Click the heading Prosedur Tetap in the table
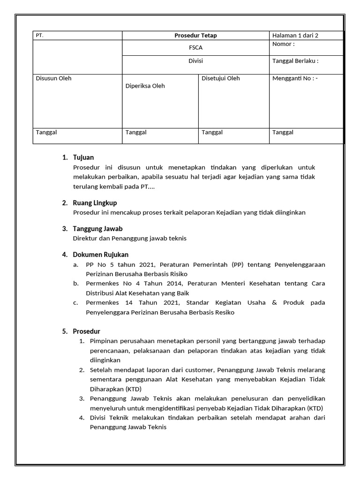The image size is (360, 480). [x=195, y=36]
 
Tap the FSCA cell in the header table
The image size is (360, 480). [x=195, y=48]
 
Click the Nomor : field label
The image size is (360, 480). [x=284, y=45]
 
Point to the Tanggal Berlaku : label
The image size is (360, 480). [x=295, y=61]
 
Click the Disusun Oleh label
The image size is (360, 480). [x=53, y=79]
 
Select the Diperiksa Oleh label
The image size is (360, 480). [x=145, y=86]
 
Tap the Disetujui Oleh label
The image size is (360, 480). [x=220, y=79]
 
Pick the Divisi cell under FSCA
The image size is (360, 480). [x=195, y=61]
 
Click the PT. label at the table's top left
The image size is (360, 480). [x=40, y=36]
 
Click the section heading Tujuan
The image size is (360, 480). [x=83, y=157]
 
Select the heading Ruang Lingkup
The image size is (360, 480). [x=95, y=203]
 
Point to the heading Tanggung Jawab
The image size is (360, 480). [x=97, y=229]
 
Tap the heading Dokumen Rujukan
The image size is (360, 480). [x=100, y=255]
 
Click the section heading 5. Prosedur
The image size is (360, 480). [x=86, y=331]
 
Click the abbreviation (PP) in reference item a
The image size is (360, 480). [x=238, y=265]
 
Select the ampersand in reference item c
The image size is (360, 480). [x=274, y=303]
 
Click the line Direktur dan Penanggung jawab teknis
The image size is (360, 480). [x=130, y=239]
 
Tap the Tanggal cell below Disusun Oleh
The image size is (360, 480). [x=46, y=133]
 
